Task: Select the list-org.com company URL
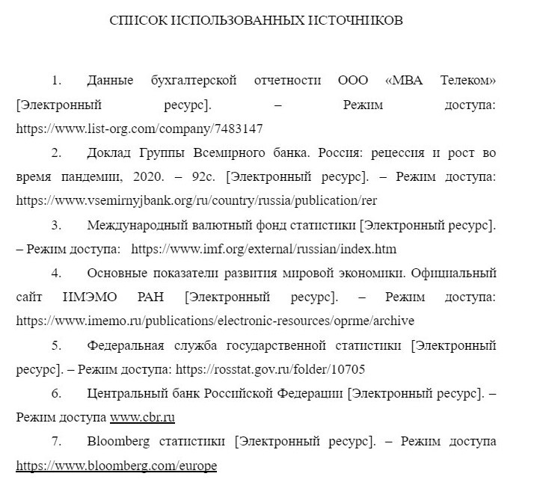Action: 139,129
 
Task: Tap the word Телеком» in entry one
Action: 468,80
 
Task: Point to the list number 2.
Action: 56,153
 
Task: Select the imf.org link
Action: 263,249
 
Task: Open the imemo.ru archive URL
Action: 215,321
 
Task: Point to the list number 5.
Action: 56,345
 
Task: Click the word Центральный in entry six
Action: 123,393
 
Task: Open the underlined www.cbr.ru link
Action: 142,417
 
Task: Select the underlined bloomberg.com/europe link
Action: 116,466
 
